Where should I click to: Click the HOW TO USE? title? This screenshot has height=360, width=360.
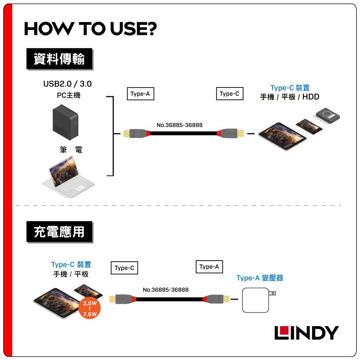pos(90,29)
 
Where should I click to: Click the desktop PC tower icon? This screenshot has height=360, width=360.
pos(65,122)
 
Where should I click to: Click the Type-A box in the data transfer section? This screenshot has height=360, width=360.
pos(140,94)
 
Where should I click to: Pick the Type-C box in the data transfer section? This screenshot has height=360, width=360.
pos(229,94)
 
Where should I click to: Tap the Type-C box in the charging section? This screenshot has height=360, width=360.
pos(124,268)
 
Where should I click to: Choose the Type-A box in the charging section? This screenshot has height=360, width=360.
pos(209,267)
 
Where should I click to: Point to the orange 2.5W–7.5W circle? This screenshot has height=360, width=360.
pos(90,309)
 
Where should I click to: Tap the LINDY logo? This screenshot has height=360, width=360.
pos(306,333)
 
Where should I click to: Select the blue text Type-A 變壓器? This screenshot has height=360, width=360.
pos(260,278)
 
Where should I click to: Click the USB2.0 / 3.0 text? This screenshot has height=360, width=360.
pos(67,84)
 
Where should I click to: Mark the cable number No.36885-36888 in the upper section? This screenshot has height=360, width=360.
pos(180,125)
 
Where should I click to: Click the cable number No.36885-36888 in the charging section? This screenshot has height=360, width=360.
pos(166,290)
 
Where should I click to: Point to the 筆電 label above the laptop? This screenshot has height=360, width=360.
pos(71,150)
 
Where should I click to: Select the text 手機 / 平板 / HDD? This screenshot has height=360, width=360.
pos(290,97)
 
